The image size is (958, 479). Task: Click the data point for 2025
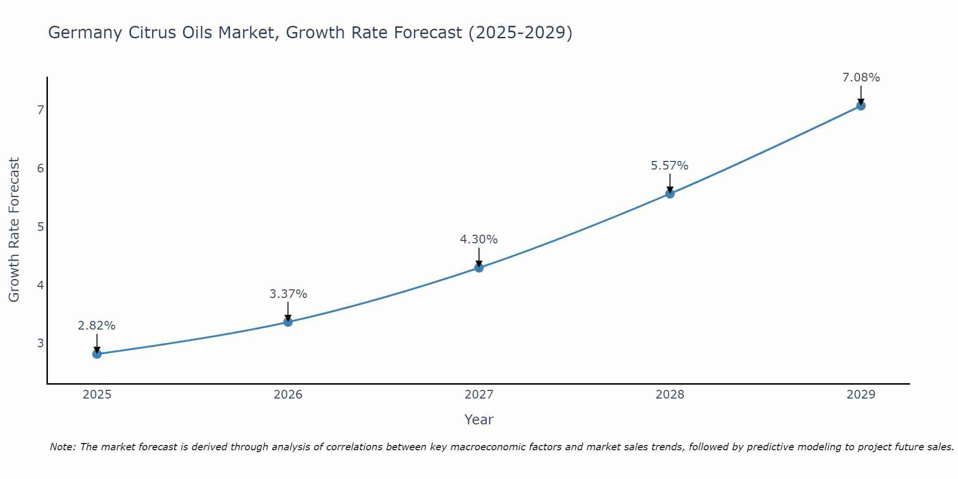click(97, 354)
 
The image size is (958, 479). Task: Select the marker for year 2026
click(288, 322)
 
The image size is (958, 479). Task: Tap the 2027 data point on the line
click(479, 268)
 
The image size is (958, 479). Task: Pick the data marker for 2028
click(670, 194)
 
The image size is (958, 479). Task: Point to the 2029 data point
click(861, 106)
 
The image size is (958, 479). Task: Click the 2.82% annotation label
click(97, 326)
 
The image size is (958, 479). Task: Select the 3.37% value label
click(288, 294)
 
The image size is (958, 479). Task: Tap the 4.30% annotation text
click(479, 239)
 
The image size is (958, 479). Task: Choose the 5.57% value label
click(670, 166)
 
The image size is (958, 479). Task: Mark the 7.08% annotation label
click(861, 78)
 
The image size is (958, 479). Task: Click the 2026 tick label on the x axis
click(288, 395)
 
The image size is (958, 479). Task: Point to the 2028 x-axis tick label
click(670, 395)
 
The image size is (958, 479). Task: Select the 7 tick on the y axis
click(40, 110)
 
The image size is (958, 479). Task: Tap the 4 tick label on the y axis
click(40, 285)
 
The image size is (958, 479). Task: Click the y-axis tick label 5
click(40, 227)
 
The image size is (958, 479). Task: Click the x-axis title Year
click(479, 420)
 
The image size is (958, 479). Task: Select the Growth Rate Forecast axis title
click(14, 230)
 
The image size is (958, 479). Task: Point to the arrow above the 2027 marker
click(479, 257)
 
